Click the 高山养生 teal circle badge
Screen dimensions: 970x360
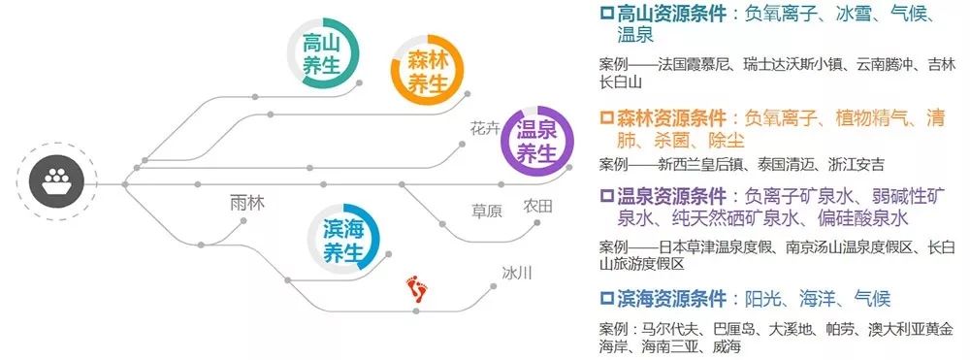pos(324,56)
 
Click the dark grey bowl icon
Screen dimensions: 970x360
pos(57,181)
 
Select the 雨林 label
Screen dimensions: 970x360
pos(247,203)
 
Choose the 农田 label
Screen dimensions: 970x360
pos(537,206)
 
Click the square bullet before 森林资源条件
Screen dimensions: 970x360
pos(606,119)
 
